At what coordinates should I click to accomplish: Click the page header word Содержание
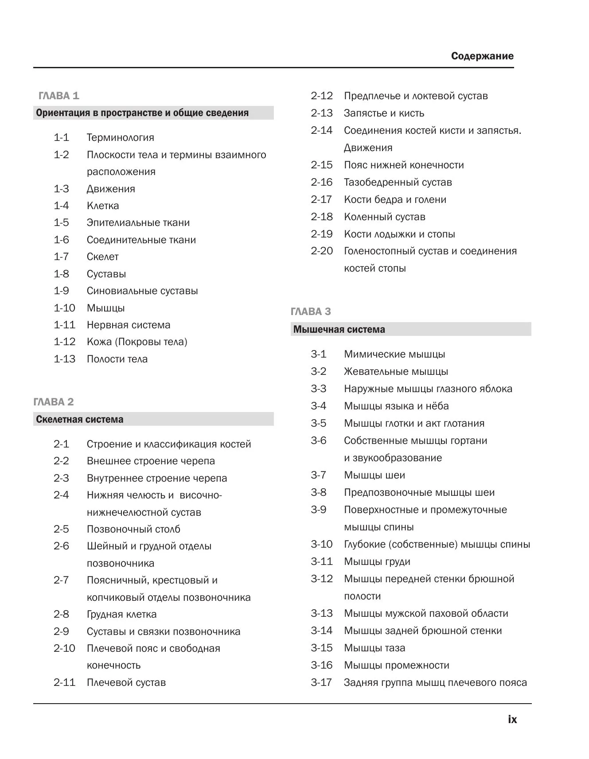point(482,56)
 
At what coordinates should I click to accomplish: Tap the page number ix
point(512,720)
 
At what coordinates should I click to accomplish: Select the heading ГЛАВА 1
point(59,96)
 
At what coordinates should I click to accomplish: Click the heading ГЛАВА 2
point(54,402)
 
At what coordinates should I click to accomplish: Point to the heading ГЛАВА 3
point(311,311)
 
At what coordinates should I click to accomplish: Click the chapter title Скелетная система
point(80,419)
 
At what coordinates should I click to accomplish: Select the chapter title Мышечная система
point(339,329)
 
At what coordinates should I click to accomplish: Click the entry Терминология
point(121,137)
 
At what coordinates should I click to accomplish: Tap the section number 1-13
point(65,359)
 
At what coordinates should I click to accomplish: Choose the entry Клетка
point(103,206)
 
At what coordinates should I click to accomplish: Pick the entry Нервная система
point(129,325)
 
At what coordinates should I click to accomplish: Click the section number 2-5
point(62,529)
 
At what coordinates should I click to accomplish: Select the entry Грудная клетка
point(122,614)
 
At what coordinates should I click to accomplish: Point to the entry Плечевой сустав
point(126,682)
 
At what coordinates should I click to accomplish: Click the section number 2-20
point(322,251)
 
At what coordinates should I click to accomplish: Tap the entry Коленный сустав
point(385,217)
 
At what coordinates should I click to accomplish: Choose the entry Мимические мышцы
point(394,354)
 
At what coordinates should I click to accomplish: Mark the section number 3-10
point(322,544)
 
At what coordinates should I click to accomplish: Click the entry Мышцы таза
point(374,648)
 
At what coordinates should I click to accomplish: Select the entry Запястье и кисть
point(384,113)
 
